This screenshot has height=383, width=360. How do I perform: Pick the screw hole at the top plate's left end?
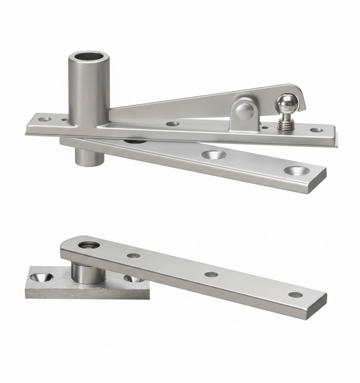[x=44, y=119]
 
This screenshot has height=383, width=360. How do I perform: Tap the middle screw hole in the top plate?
[x=173, y=124]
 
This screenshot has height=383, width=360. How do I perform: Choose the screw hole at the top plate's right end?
[x=317, y=130]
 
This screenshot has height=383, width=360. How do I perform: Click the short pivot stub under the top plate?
[x=89, y=156]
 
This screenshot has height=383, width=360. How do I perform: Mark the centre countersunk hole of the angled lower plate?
[x=213, y=154]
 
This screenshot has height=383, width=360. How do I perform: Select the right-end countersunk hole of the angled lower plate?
[x=297, y=170]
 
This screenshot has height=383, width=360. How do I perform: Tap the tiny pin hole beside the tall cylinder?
[x=64, y=121]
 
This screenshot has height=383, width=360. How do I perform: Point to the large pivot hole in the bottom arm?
[x=89, y=245]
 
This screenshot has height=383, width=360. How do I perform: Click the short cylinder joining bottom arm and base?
[x=88, y=272]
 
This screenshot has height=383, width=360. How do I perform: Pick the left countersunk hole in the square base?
[x=41, y=277]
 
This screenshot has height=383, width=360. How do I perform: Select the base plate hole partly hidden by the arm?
[x=134, y=279]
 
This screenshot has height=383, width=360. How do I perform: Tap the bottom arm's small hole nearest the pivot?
[x=134, y=256]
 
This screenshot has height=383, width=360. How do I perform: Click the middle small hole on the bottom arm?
[x=211, y=275]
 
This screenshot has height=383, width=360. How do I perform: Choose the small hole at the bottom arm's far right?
[x=295, y=295]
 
